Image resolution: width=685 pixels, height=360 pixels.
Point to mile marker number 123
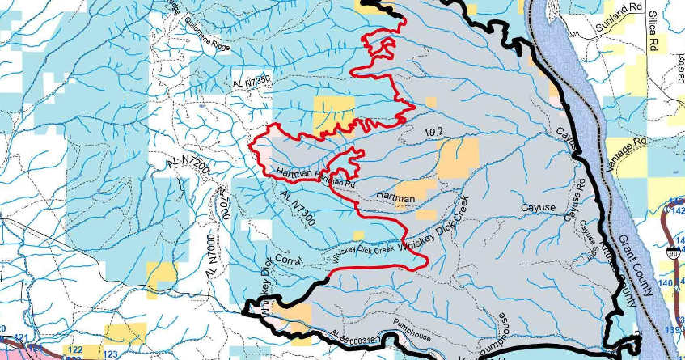tap(110, 354)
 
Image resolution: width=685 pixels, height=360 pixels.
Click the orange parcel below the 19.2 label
tap(459, 157)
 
